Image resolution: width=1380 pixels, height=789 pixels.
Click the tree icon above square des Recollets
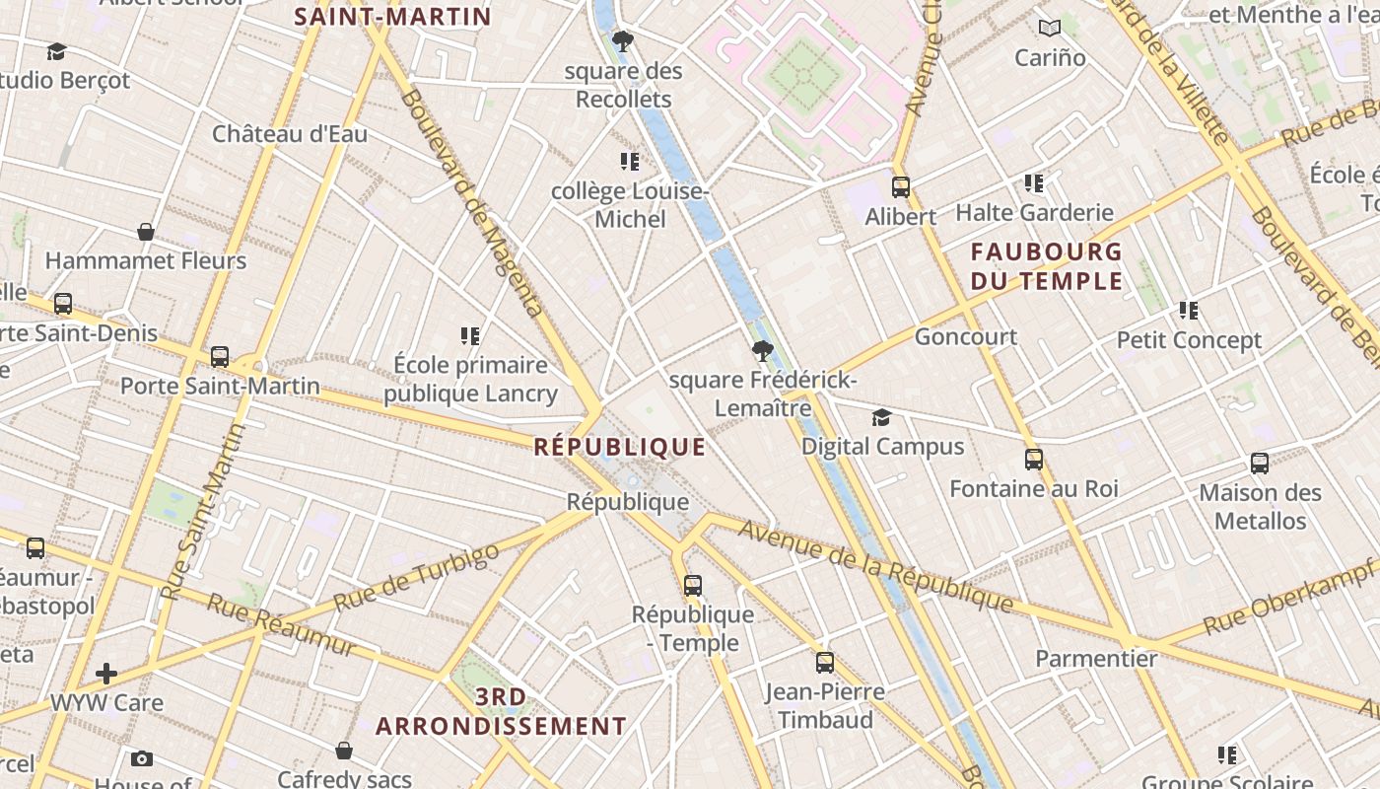(x=622, y=41)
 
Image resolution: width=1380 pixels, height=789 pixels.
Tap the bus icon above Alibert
(x=900, y=186)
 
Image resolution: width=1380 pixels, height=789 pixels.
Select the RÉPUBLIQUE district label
(x=620, y=447)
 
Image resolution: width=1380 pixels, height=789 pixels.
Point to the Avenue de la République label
(x=875, y=566)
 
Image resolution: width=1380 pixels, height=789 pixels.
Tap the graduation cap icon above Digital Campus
(x=881, y=418)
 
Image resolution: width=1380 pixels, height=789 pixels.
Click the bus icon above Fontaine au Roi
(x=1033, y=459)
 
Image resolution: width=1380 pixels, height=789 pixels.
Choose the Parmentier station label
(x=1096, y=659)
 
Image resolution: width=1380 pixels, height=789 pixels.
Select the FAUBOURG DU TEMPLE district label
(x=1046, y=266)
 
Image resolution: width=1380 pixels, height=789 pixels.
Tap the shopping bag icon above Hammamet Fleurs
(x=146, y=232)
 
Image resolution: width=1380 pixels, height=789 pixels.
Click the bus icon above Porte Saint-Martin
(x=220, y=356)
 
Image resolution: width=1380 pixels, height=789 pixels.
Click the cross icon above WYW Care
(x=106, y=674)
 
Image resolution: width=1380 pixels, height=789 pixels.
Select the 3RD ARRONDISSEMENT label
(x=501, y=712)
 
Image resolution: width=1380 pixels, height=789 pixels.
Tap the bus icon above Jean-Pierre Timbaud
(x=824, y=663)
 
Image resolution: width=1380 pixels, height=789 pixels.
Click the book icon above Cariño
(x=1050, y=29)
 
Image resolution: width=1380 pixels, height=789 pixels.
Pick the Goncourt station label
(x=966, y=336)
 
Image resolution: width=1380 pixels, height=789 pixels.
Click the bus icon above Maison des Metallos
(x=1259, y=463)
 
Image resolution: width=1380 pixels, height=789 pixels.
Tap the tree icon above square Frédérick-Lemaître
(x=762, y=350)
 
